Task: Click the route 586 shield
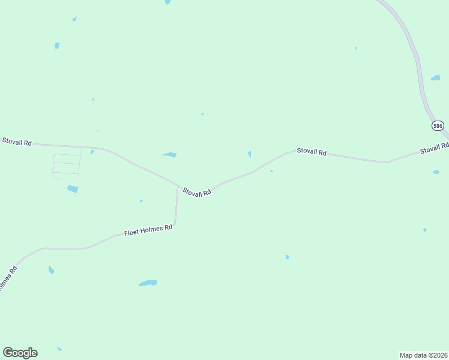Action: pyautogui.click(x=438, y=126)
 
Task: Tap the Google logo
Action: pyautogui.click(x=20, y=353)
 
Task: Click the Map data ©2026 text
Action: pyautogui.click(x=424, y=355)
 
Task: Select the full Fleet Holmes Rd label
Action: pyautogui.click(x=148, y=230)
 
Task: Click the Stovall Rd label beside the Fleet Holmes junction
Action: pyautogui.click(x=197, y=192)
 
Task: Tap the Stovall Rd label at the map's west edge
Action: pyautogui.click(x=16, y=142)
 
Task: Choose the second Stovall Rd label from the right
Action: pyautogui.click(x=312, y=152)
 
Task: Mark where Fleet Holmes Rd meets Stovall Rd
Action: pyautogui.click(x=178, y=187)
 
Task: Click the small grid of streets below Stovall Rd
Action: pyautogui.click(x=67, y=165)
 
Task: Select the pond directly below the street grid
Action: pyautogui.click(x=73, y=189)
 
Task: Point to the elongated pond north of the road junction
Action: pyautogui.click(x=169, y=155)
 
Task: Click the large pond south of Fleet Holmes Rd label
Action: pyautogui.click(x=148, y=283)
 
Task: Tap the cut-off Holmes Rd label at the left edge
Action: pyautogui.click(x=8, y=280)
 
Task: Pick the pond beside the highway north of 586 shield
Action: pyautogui.click(x=435, y=78)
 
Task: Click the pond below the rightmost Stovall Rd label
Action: pyautogui.click(x=436, y=172)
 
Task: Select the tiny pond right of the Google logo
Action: pyautogui.click(x=59, y=349)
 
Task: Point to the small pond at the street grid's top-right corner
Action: pyautogui.click(x=92, y=152)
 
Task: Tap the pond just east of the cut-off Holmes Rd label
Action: pyautogui.click(x=51, y=270)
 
